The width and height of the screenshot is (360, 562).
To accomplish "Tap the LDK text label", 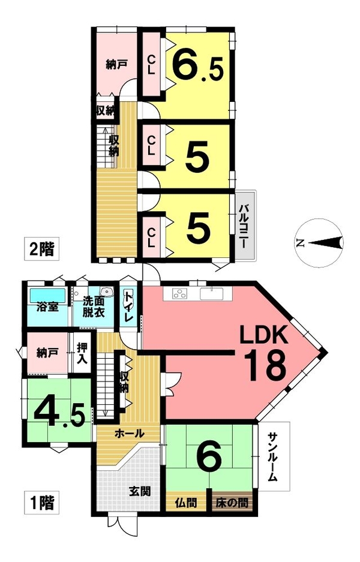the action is [x=263, y=335].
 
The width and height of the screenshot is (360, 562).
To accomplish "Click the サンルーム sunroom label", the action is [x=273, y=456].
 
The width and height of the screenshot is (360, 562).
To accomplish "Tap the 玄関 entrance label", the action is [x=140, y=491].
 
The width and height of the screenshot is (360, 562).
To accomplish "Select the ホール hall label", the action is [x=129, y=434].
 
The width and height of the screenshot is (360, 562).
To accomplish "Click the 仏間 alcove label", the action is [x=186, y=503].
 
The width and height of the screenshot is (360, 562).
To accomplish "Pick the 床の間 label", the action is [x=232, y=503].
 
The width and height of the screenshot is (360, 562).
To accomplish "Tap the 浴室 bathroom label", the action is [x=47, y=307].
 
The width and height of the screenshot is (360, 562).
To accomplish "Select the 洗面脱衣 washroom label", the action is [x=94, y=307].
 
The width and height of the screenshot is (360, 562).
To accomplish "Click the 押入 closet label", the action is [x=82, y=354].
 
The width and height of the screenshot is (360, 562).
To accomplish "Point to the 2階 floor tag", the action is [x=41, y=249].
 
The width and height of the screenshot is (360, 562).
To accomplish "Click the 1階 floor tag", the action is [x=41, y=503].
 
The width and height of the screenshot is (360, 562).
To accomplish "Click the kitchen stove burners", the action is [x=180, y=294].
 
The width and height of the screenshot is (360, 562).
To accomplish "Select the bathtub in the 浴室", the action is [x=47, y=295].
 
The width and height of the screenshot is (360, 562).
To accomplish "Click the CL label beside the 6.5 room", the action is [x=151, y=65].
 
